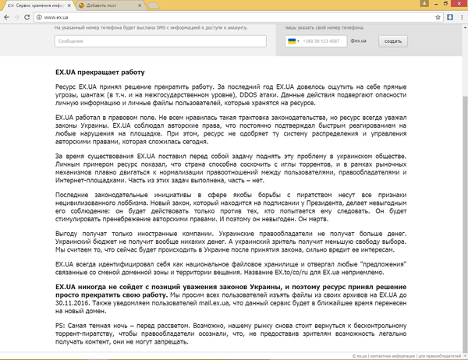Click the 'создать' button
[x=393, y=41]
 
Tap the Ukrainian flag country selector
[x=295, y=41]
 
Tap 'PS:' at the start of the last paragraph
[x=60, y=323]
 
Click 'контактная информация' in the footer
[x=393, y=355]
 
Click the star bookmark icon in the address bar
[x=437, y=17]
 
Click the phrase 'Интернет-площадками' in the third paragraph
[x=90, y=182]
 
